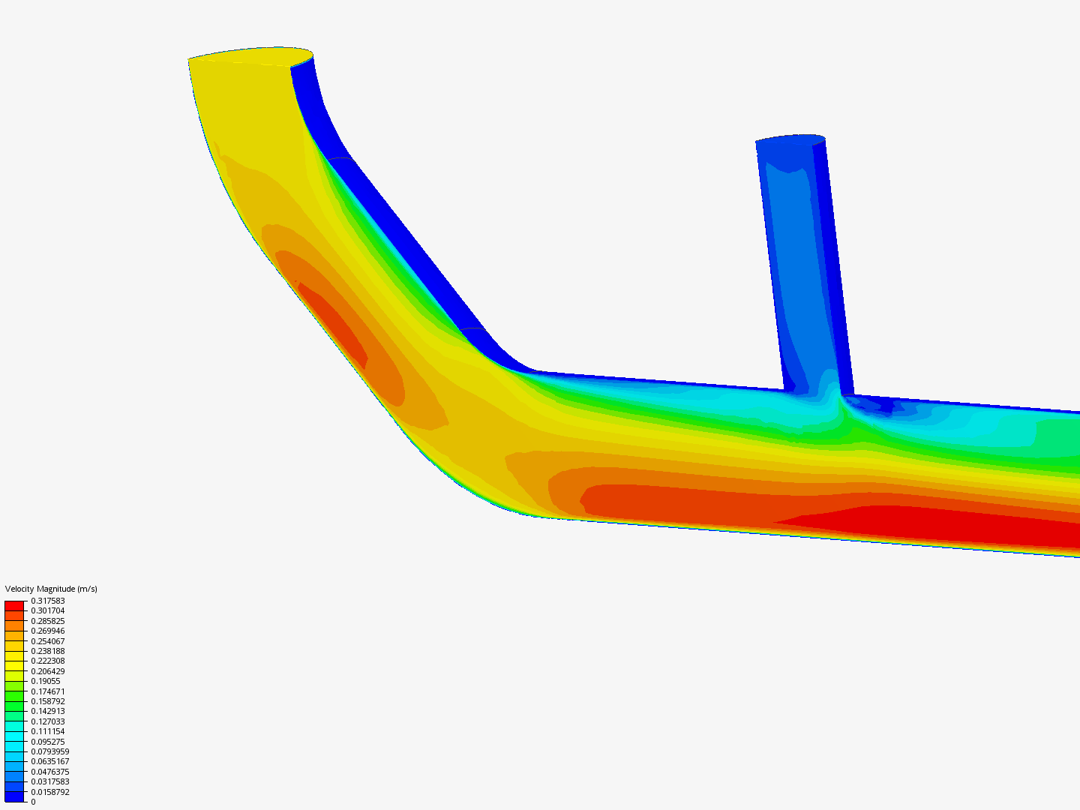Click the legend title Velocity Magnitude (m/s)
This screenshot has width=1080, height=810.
tap(51, 589)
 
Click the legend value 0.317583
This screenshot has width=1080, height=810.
tap(48, 601)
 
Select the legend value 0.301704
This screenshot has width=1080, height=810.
tap(48, 610)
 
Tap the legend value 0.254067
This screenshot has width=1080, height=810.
tap(48, 641)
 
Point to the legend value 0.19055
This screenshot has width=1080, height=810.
tap(46, 681)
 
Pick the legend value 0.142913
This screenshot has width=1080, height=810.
tap(48, 711)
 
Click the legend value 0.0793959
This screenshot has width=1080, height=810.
tap(50, 751)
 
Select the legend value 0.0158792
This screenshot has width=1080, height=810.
tap(50, 792)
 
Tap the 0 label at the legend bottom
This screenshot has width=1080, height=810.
tap(33, 802)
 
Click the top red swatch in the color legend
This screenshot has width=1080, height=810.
tap(14, 606)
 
